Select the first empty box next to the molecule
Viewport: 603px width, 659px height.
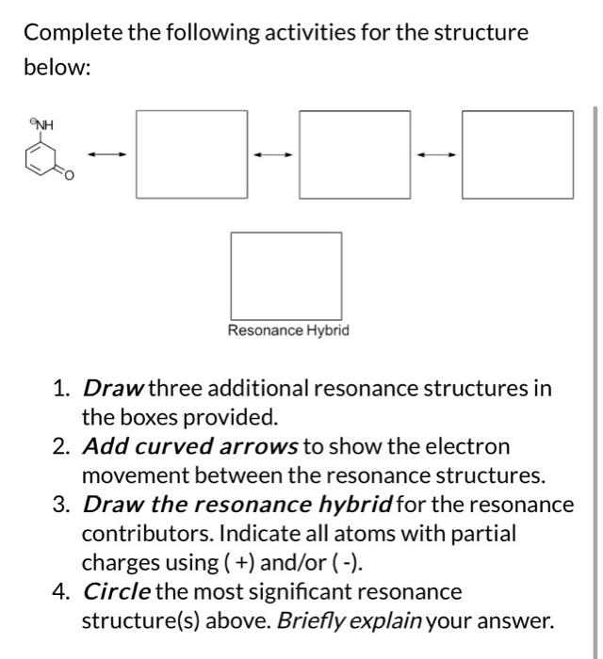point(191,155)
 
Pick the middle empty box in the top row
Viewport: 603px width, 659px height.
point(355,155)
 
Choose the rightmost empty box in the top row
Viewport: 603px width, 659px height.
point(517,155)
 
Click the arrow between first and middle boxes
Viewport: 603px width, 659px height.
point(273,155)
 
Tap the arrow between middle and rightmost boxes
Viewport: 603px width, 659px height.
point(436,155)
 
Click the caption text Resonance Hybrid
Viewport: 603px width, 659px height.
point(287,330)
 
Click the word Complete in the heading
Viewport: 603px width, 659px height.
point(73,34)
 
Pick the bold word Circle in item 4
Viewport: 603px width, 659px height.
point(115,593)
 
